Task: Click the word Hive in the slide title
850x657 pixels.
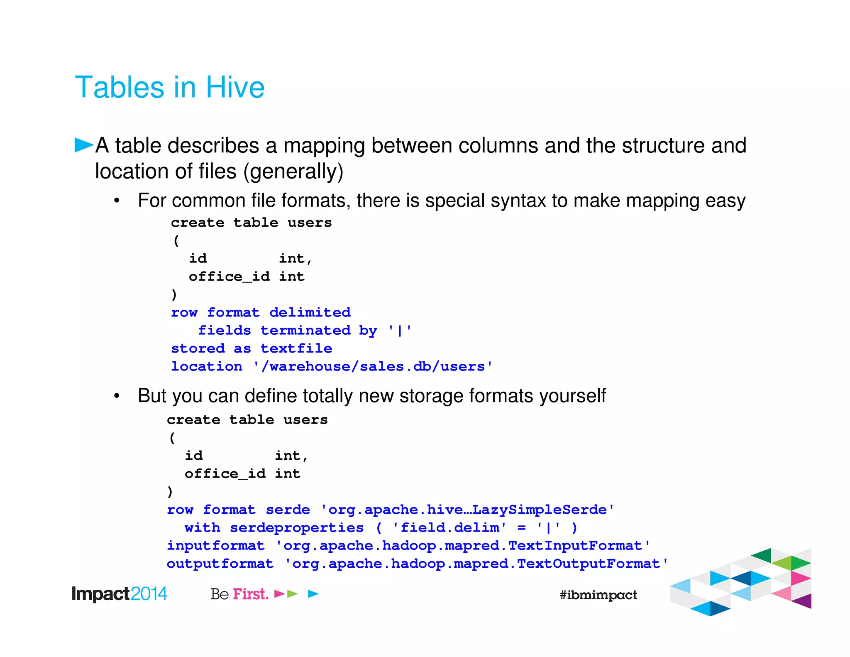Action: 235,88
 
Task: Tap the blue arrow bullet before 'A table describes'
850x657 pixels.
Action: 84,145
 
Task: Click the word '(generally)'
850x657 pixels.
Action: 293,172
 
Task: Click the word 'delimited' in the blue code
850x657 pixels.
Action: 310,312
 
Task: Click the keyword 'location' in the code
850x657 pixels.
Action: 206,366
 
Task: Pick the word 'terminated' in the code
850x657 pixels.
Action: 305,331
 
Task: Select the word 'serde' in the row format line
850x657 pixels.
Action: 288,510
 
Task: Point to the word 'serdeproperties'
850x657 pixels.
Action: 296,527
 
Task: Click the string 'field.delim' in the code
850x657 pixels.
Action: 449,527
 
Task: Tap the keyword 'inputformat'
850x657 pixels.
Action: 215,546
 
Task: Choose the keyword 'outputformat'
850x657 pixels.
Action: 220,564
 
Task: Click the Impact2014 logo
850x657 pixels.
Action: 119,594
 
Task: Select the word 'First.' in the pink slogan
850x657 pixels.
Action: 250,594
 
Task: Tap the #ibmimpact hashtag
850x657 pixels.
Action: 598,595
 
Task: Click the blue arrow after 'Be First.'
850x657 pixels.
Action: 313,594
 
